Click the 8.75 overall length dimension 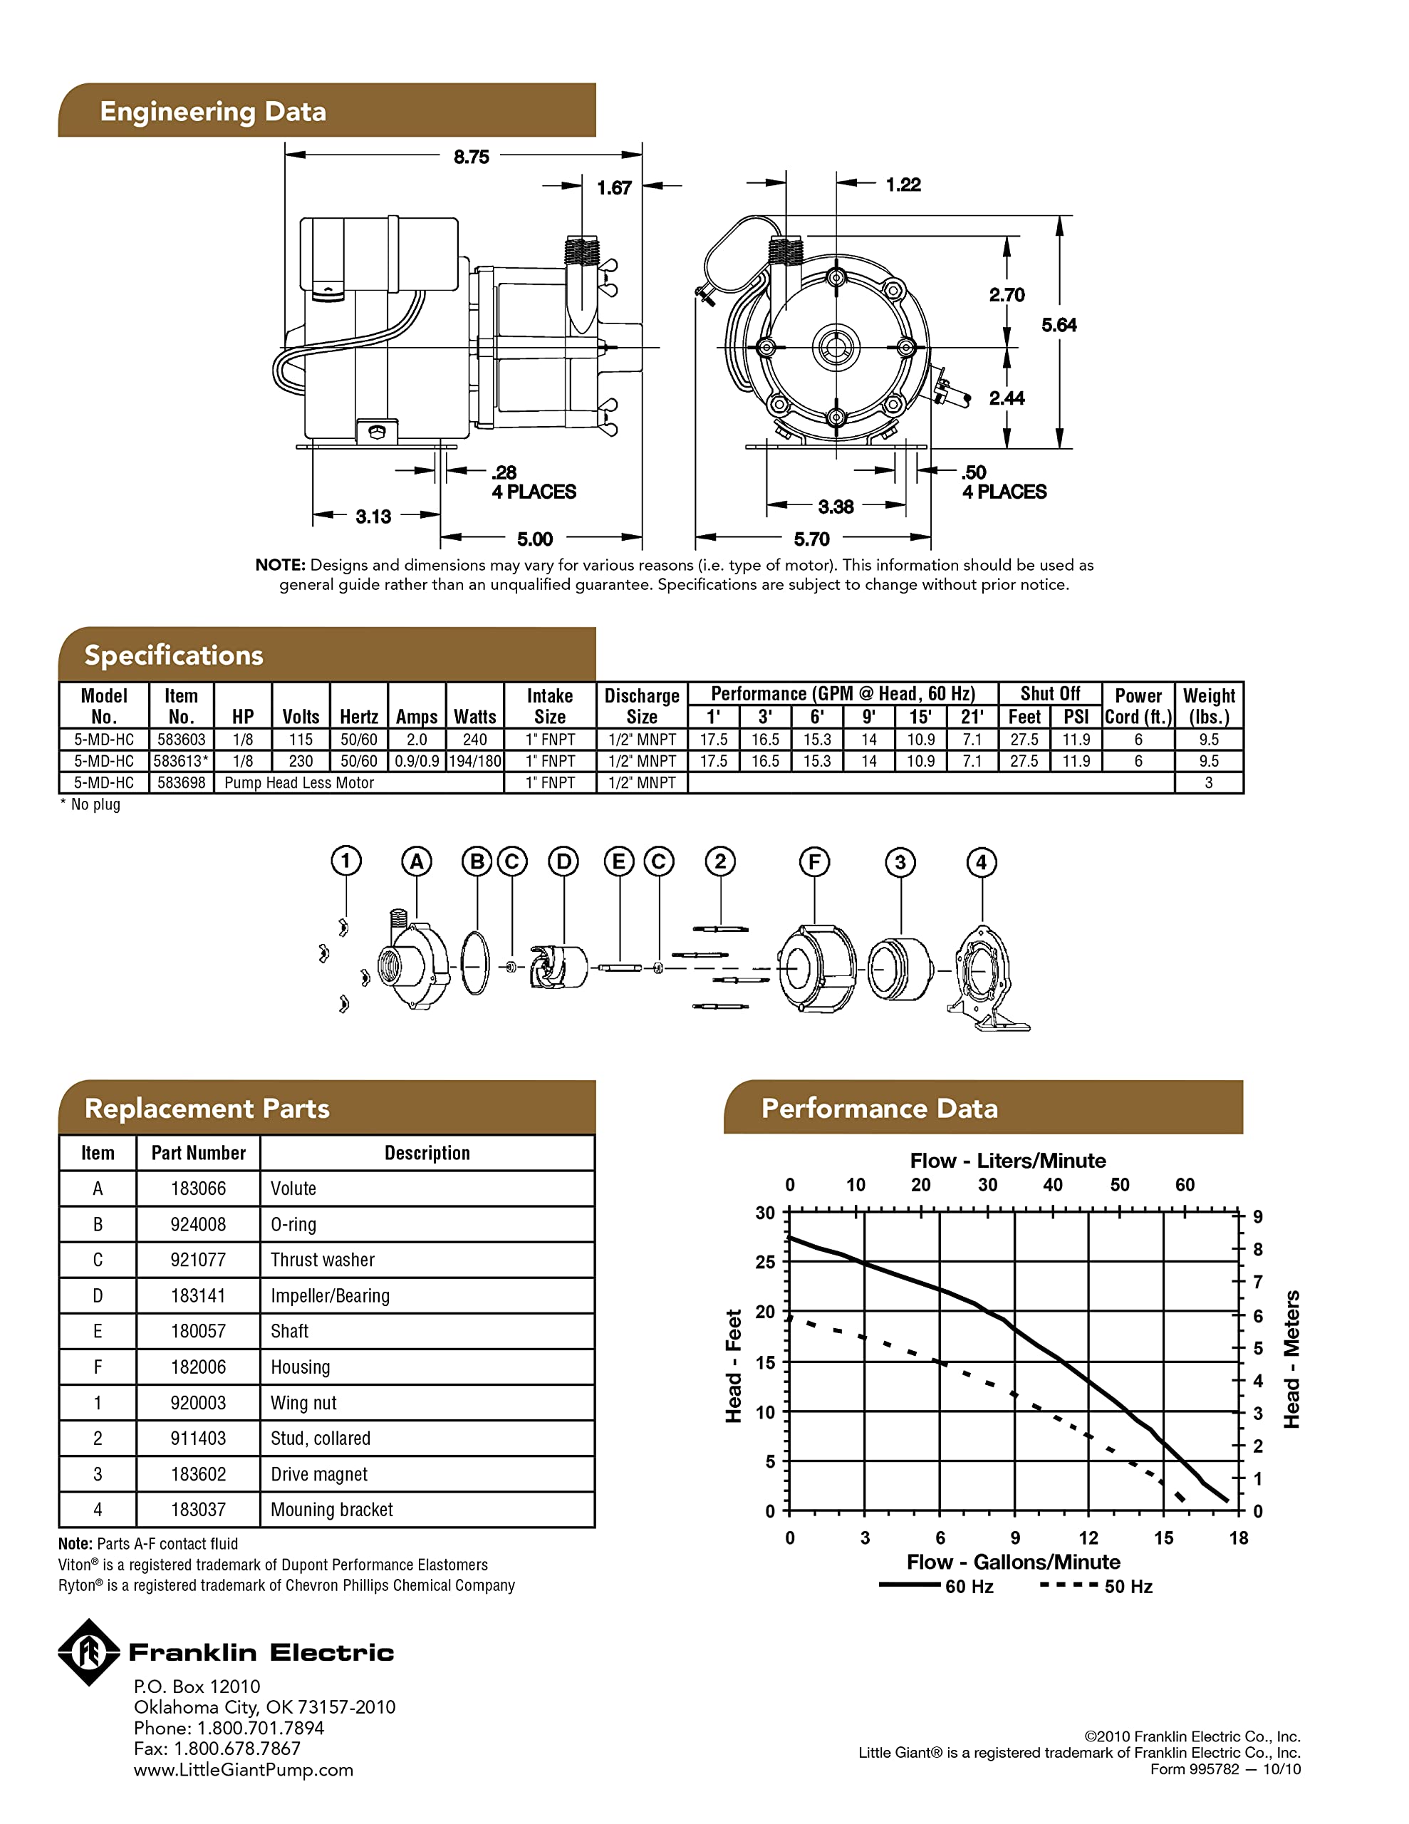[x=470, y=157]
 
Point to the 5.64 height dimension [x=1059, y=325]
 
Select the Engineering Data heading [x=213, y=111]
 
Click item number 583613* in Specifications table [x=181, y=761]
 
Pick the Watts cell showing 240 [x=474, y=739]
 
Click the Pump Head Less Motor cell [x=299, y=782]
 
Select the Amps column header [x=416, y=717]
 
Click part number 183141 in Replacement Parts [x=198, y=1295]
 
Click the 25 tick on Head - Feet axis [x=765, y=1262]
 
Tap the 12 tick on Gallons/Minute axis [x=1088, y=1538]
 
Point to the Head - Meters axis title [x=1291, y=1359]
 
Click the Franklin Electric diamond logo [x=88, y=1652]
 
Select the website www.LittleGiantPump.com [x=243, y=1770]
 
